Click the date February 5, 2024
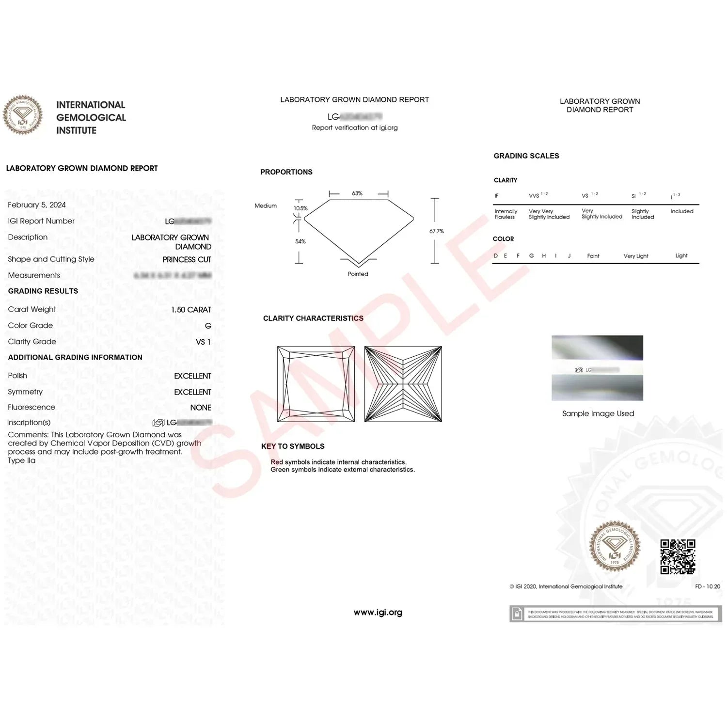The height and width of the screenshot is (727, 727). pyautogui.click(x=37, y=205)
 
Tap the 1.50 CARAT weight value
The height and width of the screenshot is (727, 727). pyautogui.click(x=191, y=310)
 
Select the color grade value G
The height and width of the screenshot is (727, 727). pyautogui.click(x=208, y=326)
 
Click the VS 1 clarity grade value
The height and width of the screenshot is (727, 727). pyautogui.click(x=203, y=342)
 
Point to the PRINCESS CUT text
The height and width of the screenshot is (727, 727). pyautogui.click(x=187, y=260)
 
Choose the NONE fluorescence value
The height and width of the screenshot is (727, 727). pyautogui.click(x=201, y=408)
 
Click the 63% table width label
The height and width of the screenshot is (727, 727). pyautogui.click(x=357, y=193)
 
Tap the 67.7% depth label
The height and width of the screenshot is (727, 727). pyautogui.click(x=436, y=231)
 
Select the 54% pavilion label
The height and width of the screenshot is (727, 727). pyautogui.click(x=300, y=241)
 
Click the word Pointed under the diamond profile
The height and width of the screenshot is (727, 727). pyautogui.click(x=358, y=274)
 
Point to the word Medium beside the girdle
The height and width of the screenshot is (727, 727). pyautogui.click(x=266, y=206)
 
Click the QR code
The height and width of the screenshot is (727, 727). pyautogui.click(x=678, y=556)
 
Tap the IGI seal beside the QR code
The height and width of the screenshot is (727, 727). pyautogui.click(x=615, y=546)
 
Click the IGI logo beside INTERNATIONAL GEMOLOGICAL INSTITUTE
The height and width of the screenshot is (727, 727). pyautogui.click(x=23, y=115)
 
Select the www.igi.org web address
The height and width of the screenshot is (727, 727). pyautogui.click(x=378, y=613)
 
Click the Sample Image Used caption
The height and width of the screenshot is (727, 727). pyautogui.click(x=598, y=413)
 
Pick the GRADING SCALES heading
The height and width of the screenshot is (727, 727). pyautogui.click(x=526, y=156)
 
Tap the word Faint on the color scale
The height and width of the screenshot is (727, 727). pyautogui.click(x=593, y=256)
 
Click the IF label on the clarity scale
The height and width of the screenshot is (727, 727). pyautogui.click(x=496, y=196)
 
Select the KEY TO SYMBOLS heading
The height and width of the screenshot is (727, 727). pyautogui.click(x=293, y=446)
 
